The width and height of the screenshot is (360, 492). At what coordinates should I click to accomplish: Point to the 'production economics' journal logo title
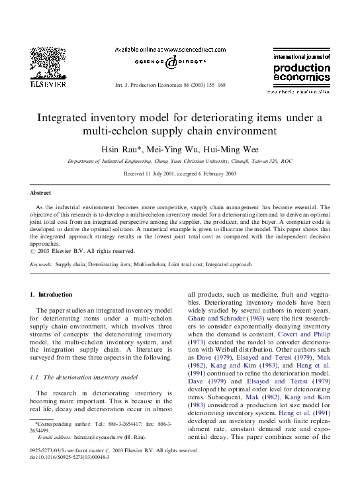click(x=301, y=72)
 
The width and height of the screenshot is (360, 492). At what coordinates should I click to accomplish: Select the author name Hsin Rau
click(x=125, y=148)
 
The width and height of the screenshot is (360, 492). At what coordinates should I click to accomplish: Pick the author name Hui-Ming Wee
click(x=234, y=148)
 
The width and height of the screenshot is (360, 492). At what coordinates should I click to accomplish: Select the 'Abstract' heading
click(x=40, y=193)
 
